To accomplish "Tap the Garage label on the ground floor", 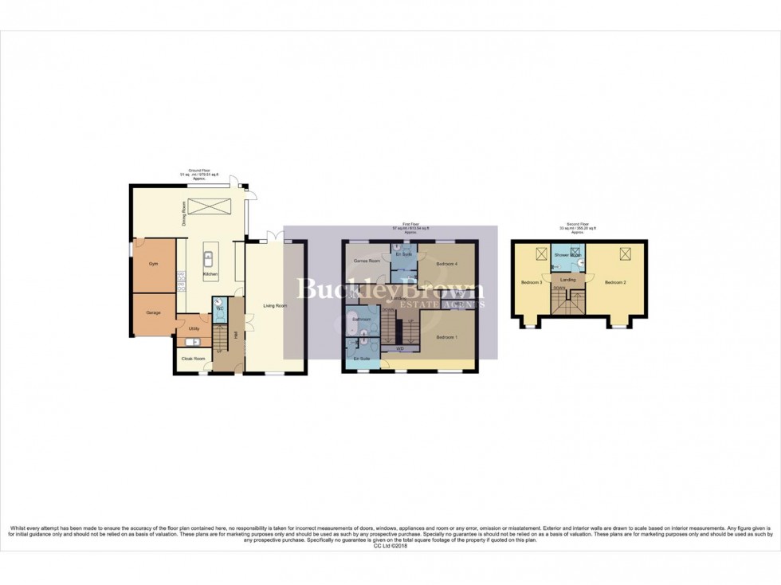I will click(x=153, y=312).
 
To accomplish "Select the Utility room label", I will click(x=194, y=328).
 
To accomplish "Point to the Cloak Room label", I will click(x=193, y=359).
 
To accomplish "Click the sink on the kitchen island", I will click(x=207, y=258).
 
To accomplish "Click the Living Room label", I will click(x=275, y=305).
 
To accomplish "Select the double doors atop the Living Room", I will click(x=275, y=236).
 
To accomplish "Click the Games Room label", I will click(x=366, y=261).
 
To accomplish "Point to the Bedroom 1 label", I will click(x=446, y=336).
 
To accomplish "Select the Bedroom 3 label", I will click(x=532, y=282).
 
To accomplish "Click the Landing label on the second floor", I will click(x=568, y=280).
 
